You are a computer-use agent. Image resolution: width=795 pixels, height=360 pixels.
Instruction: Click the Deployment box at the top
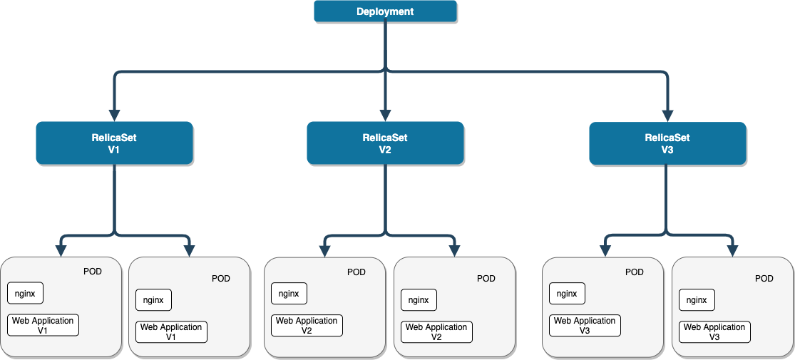385,11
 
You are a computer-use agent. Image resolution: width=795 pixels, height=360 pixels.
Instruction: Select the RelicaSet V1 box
114,143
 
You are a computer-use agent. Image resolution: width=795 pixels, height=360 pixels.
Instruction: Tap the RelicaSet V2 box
385,143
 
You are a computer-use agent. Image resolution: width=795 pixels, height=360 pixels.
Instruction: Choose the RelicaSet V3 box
667,143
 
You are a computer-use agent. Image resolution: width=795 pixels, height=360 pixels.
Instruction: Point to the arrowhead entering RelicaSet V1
114,115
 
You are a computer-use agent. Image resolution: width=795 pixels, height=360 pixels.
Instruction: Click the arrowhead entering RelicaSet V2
385,115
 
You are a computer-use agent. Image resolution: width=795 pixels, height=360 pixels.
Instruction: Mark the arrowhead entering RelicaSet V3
667,115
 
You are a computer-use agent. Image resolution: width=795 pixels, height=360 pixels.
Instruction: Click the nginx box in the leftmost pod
25,293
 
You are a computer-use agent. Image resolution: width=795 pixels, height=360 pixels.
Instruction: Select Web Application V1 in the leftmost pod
43,326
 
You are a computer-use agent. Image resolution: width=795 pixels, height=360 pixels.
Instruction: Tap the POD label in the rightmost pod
764,279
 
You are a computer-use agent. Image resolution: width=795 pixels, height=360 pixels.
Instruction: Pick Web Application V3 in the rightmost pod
714,332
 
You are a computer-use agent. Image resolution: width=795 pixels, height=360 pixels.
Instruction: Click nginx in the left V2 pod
289,293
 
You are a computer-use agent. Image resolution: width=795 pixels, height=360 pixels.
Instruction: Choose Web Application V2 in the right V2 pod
436,332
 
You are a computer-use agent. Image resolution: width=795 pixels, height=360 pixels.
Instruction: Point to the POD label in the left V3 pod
634,272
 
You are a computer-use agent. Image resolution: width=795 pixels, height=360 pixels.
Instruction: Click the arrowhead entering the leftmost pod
61,250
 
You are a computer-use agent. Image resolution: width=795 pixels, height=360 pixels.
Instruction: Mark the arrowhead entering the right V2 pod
453,250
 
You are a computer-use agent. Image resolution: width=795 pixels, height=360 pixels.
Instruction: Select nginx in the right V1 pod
153,300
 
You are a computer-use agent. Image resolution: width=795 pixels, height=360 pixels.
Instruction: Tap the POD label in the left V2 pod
356,272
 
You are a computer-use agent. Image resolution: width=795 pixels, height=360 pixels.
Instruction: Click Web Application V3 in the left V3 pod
585,326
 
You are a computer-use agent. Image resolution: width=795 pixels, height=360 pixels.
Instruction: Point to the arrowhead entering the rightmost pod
732,250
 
